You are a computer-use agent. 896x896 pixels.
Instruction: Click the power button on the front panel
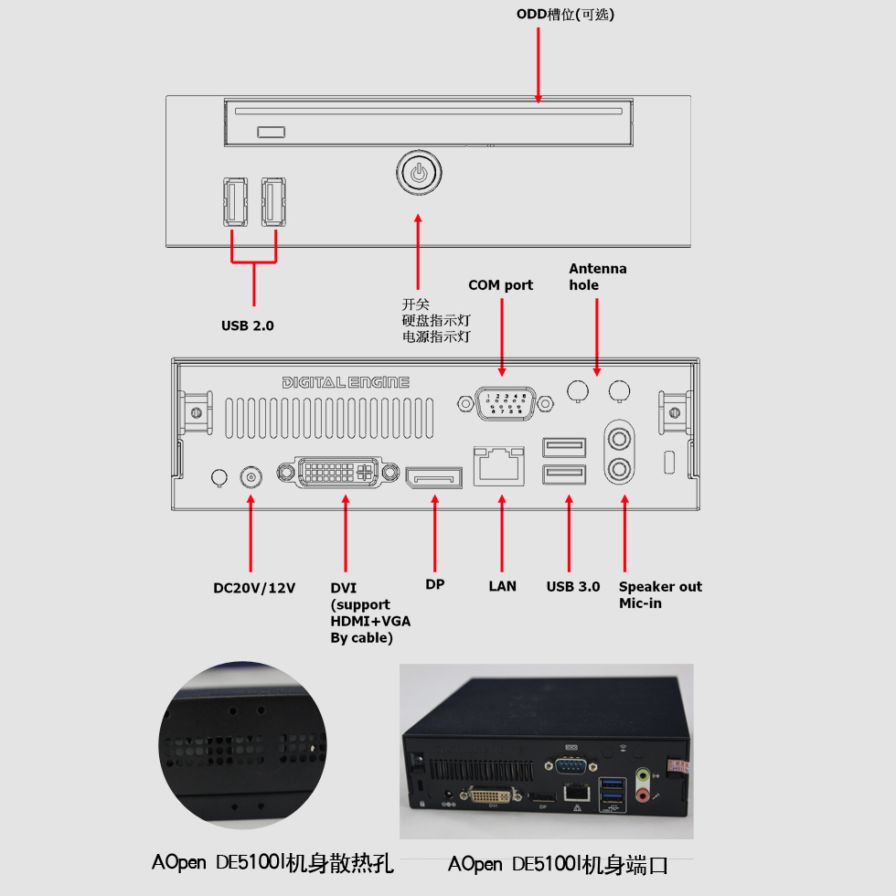(x=419, y=173)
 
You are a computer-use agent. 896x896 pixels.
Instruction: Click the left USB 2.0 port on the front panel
(x=235, y=202)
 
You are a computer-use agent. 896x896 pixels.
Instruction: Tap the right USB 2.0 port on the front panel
(x=273, y=202)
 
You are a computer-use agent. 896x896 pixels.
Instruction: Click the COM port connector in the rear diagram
(x=505, y=403)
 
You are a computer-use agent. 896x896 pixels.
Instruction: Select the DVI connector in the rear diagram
(x=338, y=472)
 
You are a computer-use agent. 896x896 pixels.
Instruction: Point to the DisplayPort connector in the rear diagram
(x=433, y=477)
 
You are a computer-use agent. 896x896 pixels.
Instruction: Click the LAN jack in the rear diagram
(x=499, y=465)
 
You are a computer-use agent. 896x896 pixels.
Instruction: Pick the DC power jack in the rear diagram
(x=251, y=477)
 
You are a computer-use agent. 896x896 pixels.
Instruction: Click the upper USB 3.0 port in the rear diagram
(x=564, y=447)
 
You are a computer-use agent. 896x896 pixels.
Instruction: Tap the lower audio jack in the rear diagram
(x=620, y=470)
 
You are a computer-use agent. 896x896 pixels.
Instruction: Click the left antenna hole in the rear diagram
(x=578, y=391)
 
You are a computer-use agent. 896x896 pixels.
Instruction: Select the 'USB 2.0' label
(x=248, y=325)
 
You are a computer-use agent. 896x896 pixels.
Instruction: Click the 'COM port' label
(x=501, y=285)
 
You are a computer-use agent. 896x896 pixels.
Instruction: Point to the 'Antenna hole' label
(x=598, y=276)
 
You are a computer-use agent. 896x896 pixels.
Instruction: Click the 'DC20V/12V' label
(x=254, y=588)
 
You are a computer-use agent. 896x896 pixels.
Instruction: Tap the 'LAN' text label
(x=502, y=586)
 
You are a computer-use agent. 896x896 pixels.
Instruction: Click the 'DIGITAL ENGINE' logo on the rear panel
(x=346, y=382)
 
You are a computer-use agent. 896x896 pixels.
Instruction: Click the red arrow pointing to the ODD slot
(x=538, y=65)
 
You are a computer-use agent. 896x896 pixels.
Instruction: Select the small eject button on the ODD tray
(x=271, y=132)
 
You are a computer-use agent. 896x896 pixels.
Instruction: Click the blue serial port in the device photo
(x=571, y=765)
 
